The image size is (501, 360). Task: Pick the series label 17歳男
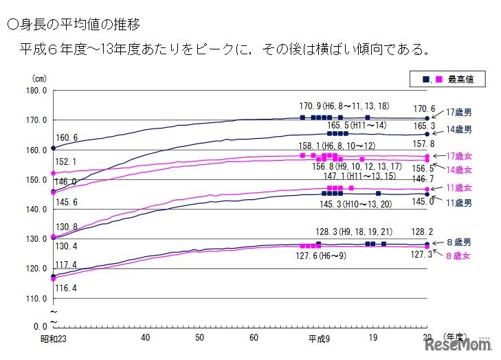[x=458, y=112]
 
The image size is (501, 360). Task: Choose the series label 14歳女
[x=458, y=170]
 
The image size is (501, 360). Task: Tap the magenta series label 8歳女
[x=458, y=256]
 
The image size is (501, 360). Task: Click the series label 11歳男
[x=458, y=203]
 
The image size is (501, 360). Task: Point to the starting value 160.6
[x=67, y=138]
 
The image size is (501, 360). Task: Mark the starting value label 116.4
[x=67, y=287]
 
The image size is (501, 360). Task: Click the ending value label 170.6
[x=424, y=108]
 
